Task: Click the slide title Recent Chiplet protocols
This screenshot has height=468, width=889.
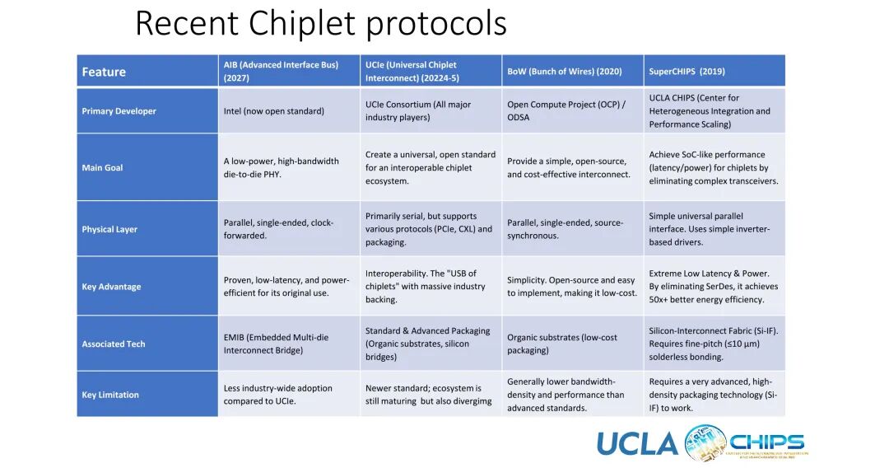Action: pos(320,23)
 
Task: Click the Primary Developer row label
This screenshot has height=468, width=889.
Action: pos(119,111)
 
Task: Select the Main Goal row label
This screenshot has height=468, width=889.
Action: pos(102,167)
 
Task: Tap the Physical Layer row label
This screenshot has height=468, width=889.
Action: pos(109,229)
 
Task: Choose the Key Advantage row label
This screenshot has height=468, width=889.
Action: pos(111,287)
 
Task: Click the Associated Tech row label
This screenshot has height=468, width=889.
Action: pos(113,344)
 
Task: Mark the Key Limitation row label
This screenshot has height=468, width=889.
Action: pos(110,395)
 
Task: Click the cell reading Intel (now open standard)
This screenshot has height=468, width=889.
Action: pos(273,111)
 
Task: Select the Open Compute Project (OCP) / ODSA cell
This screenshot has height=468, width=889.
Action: pos(566,110)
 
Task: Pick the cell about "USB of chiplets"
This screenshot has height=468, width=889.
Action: pos(421,286)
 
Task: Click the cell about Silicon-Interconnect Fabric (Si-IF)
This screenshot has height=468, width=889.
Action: pos(713,344)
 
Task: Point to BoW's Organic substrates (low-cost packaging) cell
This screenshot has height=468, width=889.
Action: pos(562,344)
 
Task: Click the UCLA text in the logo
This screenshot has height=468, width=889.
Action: pos(637,443)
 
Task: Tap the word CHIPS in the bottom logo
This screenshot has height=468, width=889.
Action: pos(766,442)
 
